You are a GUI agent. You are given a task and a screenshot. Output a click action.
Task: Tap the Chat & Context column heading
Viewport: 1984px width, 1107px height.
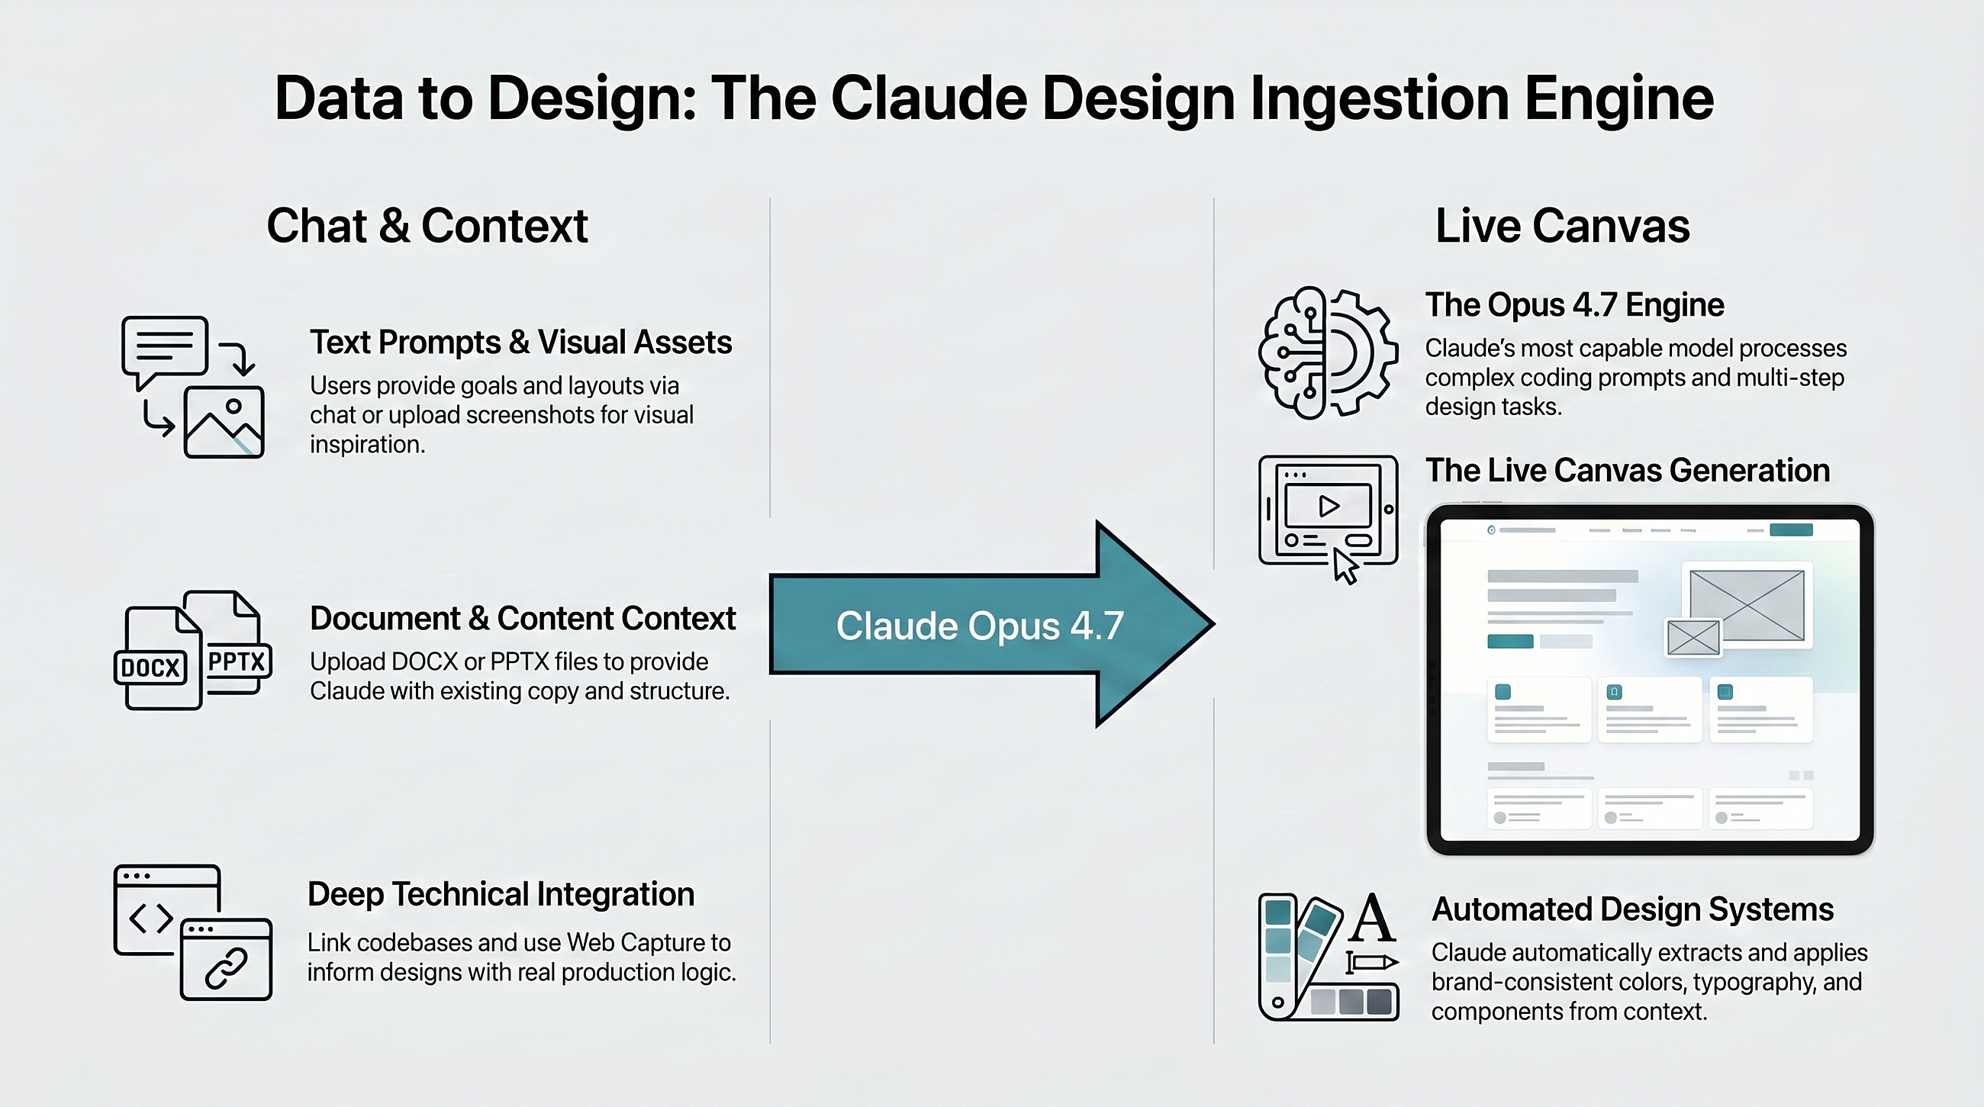point(427,226)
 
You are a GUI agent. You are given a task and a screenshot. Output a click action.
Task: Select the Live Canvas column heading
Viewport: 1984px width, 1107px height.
point(1562,226)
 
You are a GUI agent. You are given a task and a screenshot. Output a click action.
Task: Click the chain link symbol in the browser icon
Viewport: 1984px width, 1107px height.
point(226,967)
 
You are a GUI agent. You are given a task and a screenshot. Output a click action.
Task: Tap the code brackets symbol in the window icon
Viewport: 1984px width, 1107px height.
point(151,918)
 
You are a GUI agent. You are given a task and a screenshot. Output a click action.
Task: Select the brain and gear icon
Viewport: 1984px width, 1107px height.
point(1327,352)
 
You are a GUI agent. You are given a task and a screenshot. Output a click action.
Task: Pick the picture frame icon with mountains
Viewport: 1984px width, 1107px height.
point(224,423)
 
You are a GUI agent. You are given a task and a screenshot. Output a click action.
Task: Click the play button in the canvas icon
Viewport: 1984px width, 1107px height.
point(1329,506)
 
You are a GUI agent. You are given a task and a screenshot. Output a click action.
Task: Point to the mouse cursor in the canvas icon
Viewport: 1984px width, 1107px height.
point(1345,567)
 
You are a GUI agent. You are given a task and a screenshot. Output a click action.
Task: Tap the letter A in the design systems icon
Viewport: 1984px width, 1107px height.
point(1374,918)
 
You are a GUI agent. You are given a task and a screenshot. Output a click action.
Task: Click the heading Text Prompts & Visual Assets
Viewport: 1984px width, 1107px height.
point(520,343)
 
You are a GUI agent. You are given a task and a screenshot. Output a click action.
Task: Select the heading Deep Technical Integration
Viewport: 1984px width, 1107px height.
point(501,895)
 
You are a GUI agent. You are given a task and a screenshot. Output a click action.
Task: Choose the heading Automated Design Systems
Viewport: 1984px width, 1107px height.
point(1632,909)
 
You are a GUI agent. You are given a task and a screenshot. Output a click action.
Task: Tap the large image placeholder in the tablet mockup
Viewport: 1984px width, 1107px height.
point(1747,605)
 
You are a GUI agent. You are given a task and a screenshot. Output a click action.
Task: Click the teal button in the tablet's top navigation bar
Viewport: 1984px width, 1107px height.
point(1792,529)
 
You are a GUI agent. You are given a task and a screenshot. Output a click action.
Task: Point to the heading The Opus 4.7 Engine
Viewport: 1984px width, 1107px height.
point(1574,305)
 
